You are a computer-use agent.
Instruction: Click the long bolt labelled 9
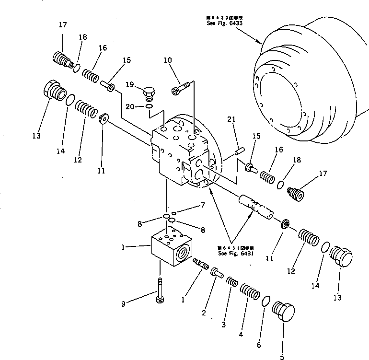pyautogui.click(x=159, y=291)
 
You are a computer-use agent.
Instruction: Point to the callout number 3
pyautogui.click(x=223, y=325)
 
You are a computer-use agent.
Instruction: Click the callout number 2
pyautogui.click(x=204, y=314)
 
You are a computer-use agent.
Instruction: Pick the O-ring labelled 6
pyautogui.click(x=265, y=302)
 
